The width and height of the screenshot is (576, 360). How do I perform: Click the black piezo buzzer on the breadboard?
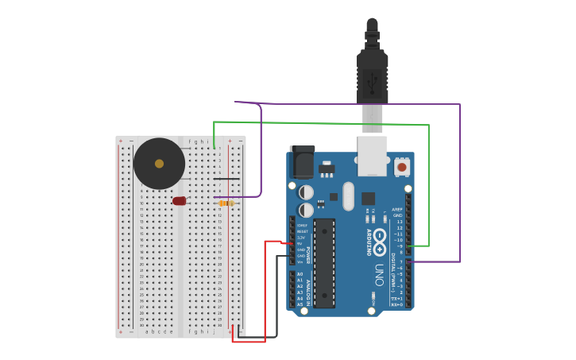(159, 164)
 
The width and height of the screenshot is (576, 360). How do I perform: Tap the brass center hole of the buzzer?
(159, 164)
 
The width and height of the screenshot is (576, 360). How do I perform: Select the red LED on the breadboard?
(180, 201)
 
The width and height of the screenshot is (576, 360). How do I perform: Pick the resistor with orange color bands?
(226, 203)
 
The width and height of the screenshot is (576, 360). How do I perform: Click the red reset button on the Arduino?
(402, 167)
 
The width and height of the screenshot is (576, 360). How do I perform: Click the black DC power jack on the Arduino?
(302, 162)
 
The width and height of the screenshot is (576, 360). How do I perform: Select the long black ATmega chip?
(324, 263)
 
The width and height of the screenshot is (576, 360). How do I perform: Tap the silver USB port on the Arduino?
(372, 155)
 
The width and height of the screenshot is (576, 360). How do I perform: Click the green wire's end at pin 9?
(409, 246)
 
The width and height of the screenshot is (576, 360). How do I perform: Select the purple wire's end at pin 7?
(409, 261)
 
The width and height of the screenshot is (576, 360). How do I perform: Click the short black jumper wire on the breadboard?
(226, 179)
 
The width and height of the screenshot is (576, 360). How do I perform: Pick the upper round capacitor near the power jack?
(306, 192)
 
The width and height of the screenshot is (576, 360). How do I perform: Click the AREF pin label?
(397, 209)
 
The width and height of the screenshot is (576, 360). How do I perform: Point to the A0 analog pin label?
(300, 274)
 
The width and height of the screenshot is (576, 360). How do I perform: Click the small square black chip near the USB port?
(368, 199)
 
